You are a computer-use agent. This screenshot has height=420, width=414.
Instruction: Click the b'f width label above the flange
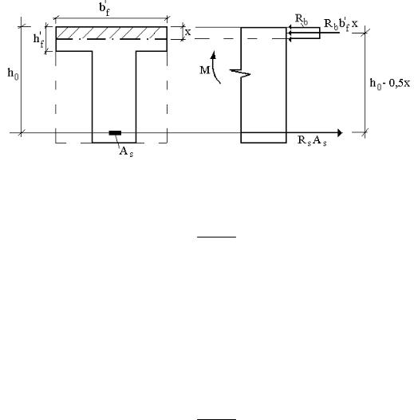104,9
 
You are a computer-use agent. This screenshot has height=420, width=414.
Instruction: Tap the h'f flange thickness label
38,40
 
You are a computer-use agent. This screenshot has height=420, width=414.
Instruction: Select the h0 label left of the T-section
13,74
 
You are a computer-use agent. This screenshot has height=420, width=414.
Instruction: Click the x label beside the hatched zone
188,33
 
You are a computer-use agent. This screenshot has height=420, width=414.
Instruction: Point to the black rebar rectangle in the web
115,133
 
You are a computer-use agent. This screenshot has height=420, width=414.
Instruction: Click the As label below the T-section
126,152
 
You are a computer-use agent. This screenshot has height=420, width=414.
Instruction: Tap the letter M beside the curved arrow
205,70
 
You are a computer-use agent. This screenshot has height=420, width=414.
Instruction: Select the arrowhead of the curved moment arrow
214,54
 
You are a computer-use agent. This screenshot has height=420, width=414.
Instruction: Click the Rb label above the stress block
302,20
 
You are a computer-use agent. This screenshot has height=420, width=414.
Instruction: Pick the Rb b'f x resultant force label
341,25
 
